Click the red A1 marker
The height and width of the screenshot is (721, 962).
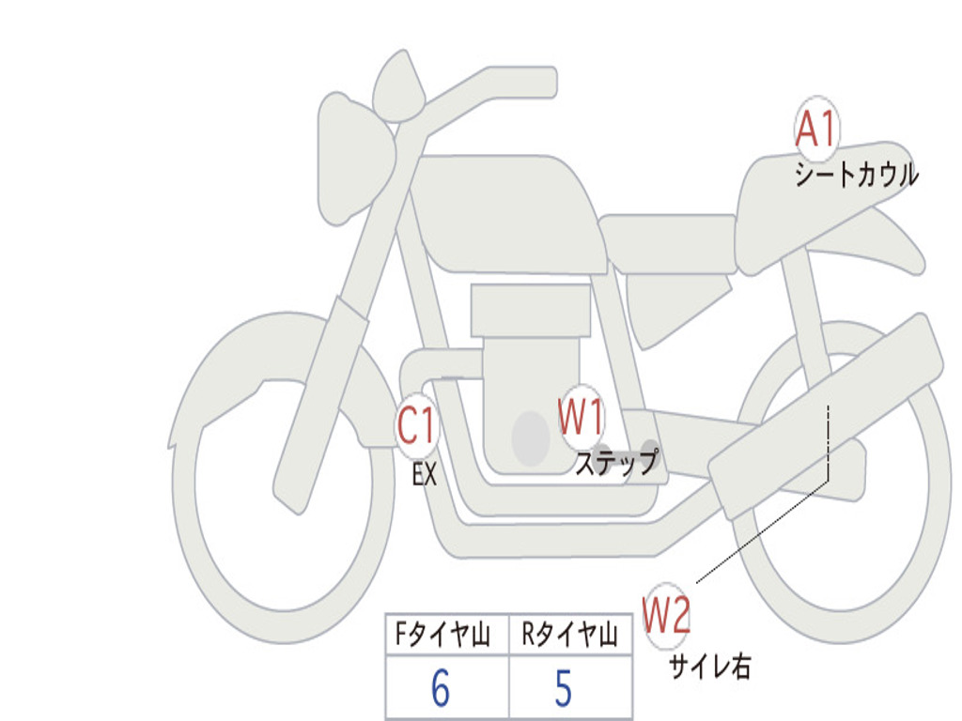coord(816,130)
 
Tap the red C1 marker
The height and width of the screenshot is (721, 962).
coord(417,425)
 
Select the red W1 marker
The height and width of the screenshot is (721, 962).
coord(581,416)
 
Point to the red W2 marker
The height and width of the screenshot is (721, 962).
coord(666,615)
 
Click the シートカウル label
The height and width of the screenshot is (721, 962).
coord(857,174)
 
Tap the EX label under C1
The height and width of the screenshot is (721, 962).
coord(425,474)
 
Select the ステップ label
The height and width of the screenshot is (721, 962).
coord(616,462)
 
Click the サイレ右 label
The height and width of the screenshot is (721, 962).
coord(710,666)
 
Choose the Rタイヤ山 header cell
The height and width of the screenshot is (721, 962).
coord(570,634)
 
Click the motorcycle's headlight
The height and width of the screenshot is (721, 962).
coord(354,160)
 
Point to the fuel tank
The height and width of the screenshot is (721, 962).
coord(509,214)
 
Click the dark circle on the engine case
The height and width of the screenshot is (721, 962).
coord(531,437)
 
